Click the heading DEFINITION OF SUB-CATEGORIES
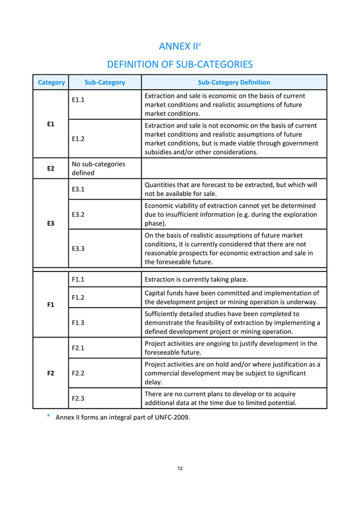[x=179, y=64]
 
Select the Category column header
[x=51, y=82]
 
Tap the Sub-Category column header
[x=104, y=82]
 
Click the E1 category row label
[x=51, y=124]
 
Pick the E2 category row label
[x=51, y=168]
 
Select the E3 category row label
[x=51, y=223]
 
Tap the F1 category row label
[x=51, y=304]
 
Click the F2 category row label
[x=51, y=373]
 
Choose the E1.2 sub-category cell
[x=79, y=138]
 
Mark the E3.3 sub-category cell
[x=79, y=248]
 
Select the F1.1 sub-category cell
[x=79, y=279]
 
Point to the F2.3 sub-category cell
[x=79, y=398]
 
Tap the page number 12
[x=179, y=468]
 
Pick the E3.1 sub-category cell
[x=79, y=190]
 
